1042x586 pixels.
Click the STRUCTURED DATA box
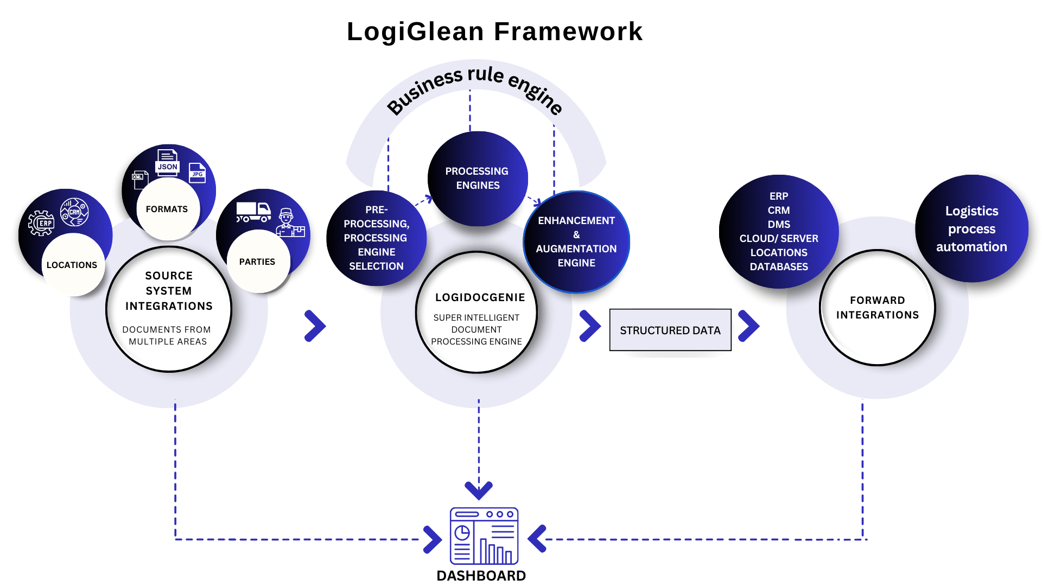pos(670,330)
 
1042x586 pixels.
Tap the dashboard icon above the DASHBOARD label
pos(484,536)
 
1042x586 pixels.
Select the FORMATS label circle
pos(168,209)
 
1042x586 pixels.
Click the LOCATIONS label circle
pos(72,265)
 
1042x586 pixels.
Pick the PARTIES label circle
pos(258,262)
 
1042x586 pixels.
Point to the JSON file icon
pos(168,162)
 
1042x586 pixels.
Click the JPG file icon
pos(198,173)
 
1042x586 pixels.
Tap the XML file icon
pos(140,180)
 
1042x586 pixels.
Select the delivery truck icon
pos(253,212)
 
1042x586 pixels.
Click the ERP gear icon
pos(42,223)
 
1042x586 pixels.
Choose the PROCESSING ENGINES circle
pos(477,178)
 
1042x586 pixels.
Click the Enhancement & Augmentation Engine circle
pos(576,242)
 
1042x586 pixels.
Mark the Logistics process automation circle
pos(971,228)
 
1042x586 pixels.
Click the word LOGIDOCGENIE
pos(480,297)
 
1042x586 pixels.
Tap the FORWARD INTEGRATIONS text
pos(878,308)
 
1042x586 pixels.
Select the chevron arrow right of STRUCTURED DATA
pos(748,326)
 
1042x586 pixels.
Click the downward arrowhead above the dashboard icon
pos(479,490)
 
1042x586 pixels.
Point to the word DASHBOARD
pos(481,576)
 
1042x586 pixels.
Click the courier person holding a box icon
pos(290,223)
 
